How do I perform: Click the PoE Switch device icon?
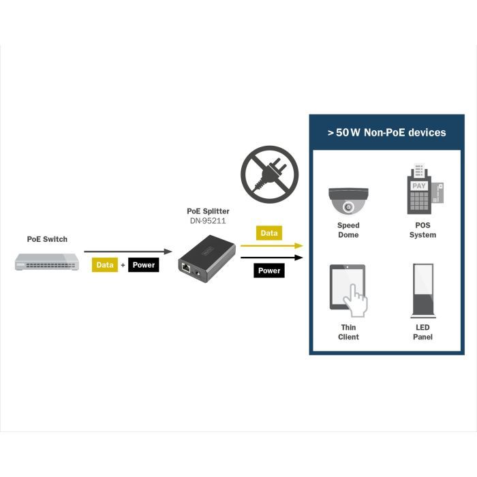[x=46, y=261]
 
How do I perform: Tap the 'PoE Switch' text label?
[x=47, y=239]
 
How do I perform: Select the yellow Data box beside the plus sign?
[x=105, y=264]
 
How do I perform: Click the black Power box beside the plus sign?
[x=143, y=264]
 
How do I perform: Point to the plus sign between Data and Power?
[x=123, y=264]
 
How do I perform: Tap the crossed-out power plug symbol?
[x=269, y=174]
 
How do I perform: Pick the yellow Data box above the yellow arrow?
[x=269, y=233]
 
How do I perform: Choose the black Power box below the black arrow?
[x=269, y=271]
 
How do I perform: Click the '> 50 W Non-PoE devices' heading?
[x=386, y=132]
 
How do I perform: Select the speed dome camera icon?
[x=348, y=200]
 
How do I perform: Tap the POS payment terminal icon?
[x=422, y=190]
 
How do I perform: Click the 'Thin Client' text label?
[x=348, y=332]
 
